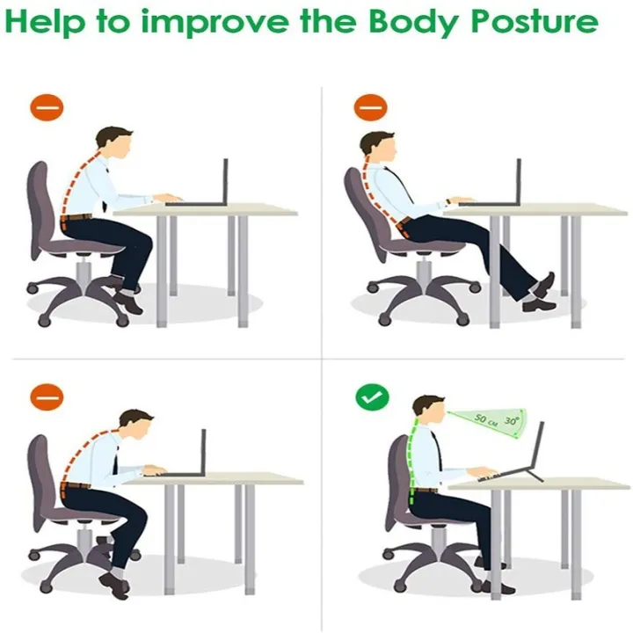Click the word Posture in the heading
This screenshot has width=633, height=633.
[x=535, y=22]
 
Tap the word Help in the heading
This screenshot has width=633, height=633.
[x=45, y=23]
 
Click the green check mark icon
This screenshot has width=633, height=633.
[x=372, y=397]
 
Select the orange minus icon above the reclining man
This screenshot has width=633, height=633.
[x=370, y=107]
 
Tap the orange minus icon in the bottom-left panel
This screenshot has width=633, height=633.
[x=47, y=397]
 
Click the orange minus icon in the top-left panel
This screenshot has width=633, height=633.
[x=47, y=107]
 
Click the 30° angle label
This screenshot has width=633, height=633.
[x=511, y=420]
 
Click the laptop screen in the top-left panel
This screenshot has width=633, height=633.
[x=225, y=181]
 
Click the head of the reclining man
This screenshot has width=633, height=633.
[x=378, y=147]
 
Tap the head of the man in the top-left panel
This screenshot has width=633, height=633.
[x=114, y=143]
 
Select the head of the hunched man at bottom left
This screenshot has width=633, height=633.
[x=136, y=425]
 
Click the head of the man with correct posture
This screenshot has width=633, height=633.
[x=430, y=411]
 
